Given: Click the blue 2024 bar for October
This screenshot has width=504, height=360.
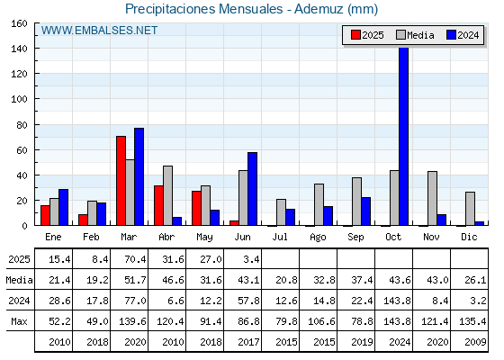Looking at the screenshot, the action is click(x=404, y=136).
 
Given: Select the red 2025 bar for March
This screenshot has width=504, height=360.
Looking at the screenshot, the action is click(x=121, y=181).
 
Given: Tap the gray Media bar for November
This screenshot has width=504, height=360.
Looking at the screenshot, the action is click(x=432, y=198).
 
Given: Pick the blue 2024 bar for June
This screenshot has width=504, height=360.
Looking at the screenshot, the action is click(x=252, y=189).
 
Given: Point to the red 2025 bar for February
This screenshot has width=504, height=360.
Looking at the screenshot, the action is click(x=83, y=220).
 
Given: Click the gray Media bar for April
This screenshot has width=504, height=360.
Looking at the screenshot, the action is click(x=167, y=196).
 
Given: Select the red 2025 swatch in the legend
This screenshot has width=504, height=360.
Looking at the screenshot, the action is click(x=355, y=35).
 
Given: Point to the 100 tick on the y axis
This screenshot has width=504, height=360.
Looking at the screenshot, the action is click(x=36, y=99).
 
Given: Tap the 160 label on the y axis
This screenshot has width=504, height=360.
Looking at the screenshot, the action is click(x=19, y=23).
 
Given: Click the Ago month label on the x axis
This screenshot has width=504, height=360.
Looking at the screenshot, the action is click(x=318, y=238).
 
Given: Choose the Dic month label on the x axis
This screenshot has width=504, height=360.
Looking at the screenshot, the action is click(x=469, y=237).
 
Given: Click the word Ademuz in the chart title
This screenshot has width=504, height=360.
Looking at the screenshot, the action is click(x=319, y=9).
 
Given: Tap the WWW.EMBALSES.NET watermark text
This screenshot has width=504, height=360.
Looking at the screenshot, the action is click(x=99, y=31).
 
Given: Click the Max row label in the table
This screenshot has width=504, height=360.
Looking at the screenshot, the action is click(x=19, y=321).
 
